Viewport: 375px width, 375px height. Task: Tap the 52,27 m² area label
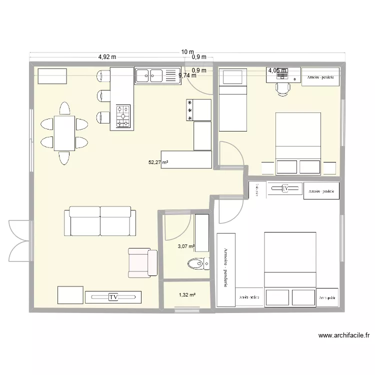(x=158, y=162)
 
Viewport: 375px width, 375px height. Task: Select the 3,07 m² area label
(x=186, y=246)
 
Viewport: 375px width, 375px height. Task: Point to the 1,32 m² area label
(x=186, y=295)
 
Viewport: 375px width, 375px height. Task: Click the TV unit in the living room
(x=113, y=297)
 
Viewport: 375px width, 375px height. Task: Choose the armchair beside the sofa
(x=142, y=262)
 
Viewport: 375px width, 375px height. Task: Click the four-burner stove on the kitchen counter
(x=123, y=116)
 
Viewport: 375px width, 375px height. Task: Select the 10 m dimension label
(x=187, y=52)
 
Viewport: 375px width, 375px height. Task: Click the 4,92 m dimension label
(x=107, y=57)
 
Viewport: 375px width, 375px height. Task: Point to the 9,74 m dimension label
(x=187, y=75)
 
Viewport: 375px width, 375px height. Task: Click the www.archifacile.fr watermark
(x=343, y=336)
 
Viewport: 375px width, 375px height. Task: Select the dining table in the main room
(x=64, y=132)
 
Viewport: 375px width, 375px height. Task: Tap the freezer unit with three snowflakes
(x=199, y=110)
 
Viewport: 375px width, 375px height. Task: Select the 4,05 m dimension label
(x=277, y=70)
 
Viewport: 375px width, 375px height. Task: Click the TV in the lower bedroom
(x=285, y=189)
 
